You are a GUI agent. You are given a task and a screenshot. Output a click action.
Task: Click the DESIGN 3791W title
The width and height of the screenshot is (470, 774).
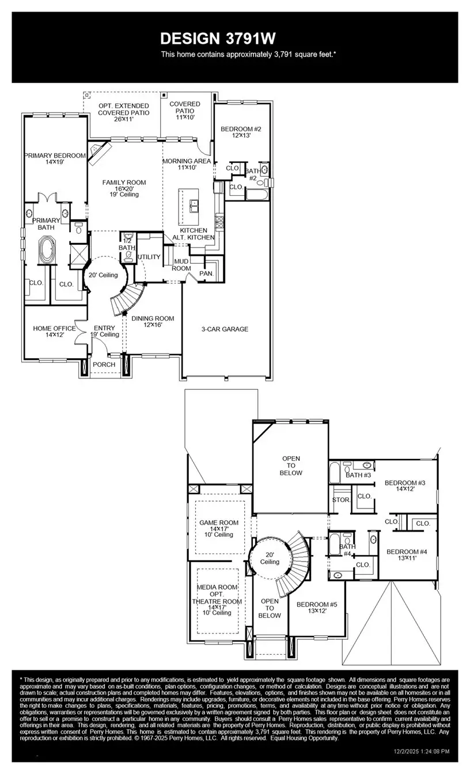218,39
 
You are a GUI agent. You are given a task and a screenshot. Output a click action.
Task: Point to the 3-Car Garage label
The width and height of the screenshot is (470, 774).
225,329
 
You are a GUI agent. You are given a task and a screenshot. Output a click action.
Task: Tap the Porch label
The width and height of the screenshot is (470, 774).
104,364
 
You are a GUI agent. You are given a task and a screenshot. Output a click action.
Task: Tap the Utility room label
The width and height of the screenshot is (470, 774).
149,257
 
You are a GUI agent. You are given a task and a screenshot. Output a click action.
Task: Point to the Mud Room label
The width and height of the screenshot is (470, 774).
182,265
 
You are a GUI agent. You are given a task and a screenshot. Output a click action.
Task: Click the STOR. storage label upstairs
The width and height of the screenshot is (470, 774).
341,500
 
